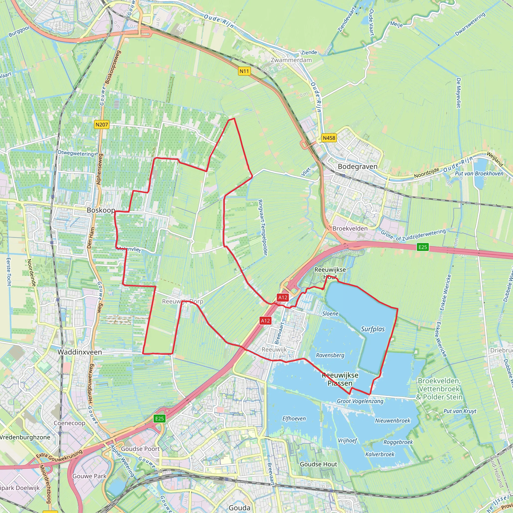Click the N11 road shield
244,71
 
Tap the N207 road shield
102,124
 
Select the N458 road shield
329,138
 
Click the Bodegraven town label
357,167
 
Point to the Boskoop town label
101,210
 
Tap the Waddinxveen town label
80,352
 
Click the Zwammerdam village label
291,60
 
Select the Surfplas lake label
372,329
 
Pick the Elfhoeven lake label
294,419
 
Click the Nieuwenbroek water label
393,421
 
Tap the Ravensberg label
330,355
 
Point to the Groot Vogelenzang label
360,401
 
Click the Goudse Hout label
318,464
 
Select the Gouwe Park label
89,476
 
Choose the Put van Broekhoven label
479,174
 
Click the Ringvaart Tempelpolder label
263,227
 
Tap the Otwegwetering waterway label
76,153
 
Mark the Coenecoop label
69,423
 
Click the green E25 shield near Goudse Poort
159,419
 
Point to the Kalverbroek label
380,454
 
